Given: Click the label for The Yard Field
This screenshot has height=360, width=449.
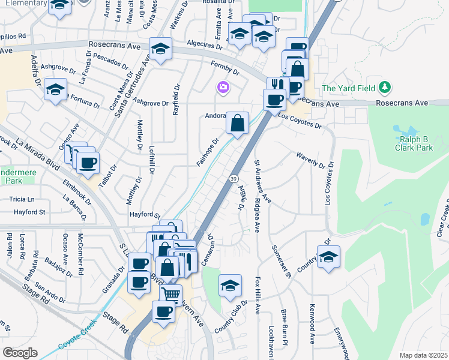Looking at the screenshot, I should [x=348, y=88].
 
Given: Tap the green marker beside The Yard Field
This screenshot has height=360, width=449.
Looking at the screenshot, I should [x=384, y=88].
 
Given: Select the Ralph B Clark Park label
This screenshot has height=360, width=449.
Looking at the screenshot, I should [x=413, y=143].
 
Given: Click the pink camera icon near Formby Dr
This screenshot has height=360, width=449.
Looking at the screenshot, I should [x=223, y=88].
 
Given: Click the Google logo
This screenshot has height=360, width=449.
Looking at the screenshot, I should [x=20, y=353].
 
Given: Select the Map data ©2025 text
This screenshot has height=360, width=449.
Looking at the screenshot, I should [x=423, y=355].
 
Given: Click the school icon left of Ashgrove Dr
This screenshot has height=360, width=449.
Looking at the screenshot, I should [x=55, y=90].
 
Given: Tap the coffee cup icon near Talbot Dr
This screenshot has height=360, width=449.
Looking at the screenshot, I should [x=88, y=162].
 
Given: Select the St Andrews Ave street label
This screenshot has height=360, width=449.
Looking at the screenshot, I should [x=261, y=181].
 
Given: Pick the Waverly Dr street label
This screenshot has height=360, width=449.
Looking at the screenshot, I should [x=310, y=160].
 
